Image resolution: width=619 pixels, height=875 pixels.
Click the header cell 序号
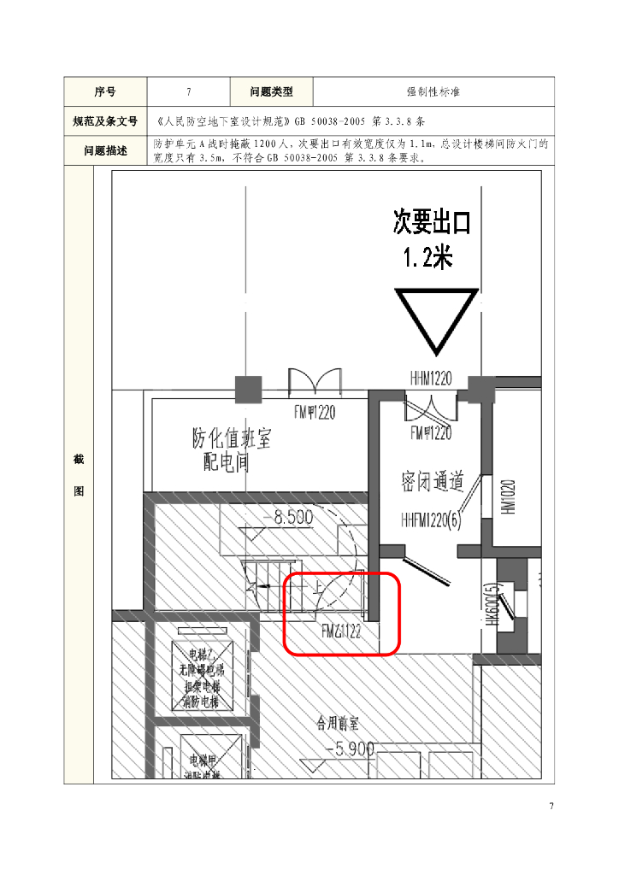[x=105, y=91]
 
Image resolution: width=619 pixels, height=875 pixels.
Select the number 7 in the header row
[x=188, y=91]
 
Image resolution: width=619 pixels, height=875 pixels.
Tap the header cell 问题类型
[x=271, y=91]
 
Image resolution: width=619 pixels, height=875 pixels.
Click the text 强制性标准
[x=433, y=91]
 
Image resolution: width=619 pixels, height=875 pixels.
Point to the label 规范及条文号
[x=105, y=121]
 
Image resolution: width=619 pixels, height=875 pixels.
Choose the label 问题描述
[x=105, y=150]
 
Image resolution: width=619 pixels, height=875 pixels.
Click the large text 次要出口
[x=432, y=223]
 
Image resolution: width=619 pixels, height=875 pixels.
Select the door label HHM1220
[x=431, y=378]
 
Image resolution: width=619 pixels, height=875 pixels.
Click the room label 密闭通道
[x=433, y=481]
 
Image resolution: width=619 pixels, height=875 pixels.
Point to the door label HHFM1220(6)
[x=430, y=520]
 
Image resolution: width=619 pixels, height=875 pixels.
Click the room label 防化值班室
[x=231, y=440]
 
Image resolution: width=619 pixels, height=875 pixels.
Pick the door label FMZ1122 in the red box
[x=341, y=632]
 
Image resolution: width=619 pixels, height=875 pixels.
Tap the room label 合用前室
[x=341, y=721]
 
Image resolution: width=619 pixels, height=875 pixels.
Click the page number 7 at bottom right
[x=551, y=807]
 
